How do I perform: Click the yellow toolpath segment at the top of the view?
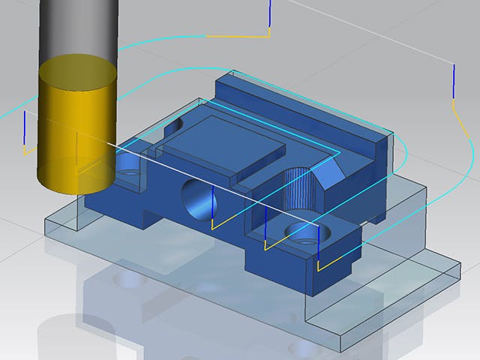[x=236, y=36]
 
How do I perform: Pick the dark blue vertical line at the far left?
[x=25, y=127]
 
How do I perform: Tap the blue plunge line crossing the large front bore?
[x=213, y=202]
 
